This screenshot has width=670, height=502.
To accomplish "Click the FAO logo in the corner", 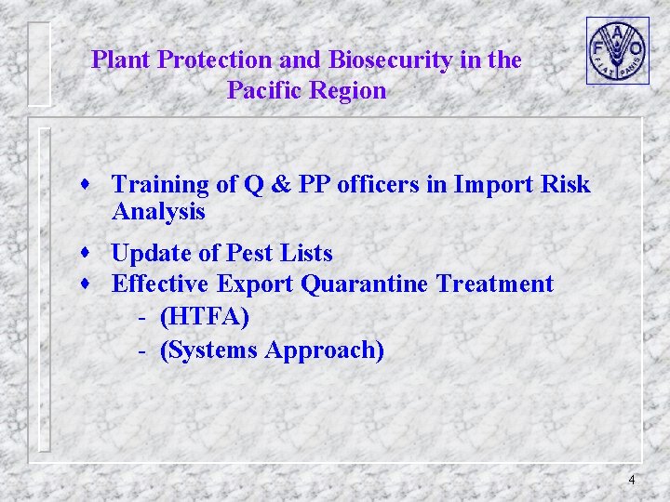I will [617, 50].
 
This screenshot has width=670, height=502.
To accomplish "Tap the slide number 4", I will [632, 480].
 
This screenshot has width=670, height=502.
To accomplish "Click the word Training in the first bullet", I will [160, 185].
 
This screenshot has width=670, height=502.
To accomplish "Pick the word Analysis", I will [158, 212].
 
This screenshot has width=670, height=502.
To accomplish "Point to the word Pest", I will [248, 253].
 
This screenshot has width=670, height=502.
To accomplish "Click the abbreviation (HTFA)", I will [205, 317].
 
